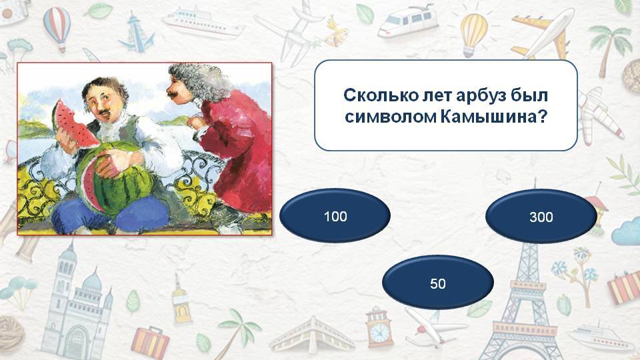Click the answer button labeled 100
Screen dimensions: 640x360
[x=335, y=215]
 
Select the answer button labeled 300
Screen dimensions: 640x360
[x=541, y=216]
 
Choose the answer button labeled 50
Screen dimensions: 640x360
[x=438, y=283]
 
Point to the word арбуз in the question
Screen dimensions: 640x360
[x=480, y=95]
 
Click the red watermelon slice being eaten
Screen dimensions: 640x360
[x=73, y=123]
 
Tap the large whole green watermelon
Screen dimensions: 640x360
[x=111, y=179]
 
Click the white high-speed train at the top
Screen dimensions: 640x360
[x=408, y=21]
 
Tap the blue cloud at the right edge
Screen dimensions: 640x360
[x=627, y=232]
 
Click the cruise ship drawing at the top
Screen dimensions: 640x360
[x=202, y=23]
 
